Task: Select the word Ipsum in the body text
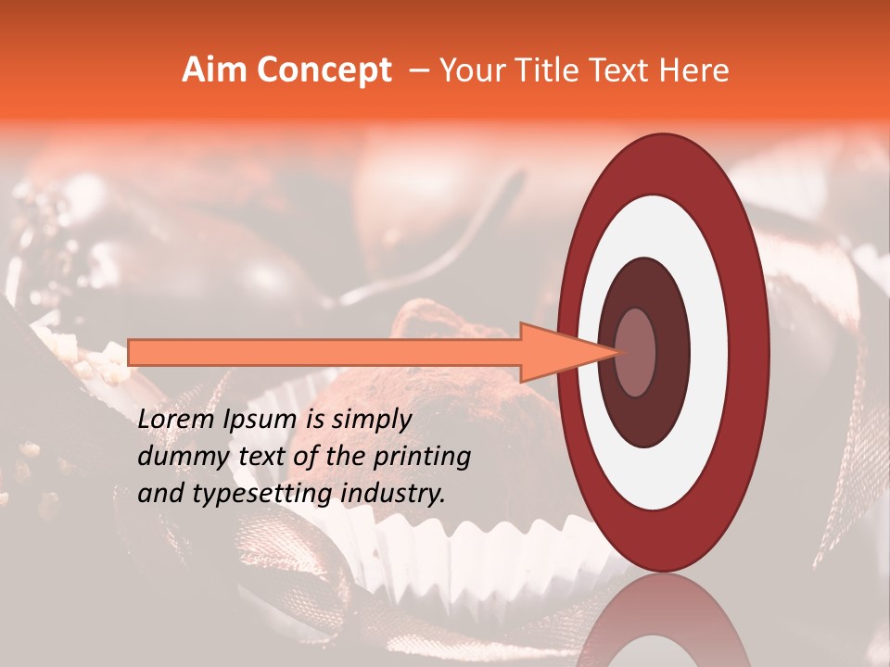tap(263, 420)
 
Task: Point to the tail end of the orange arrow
tap(134, 352)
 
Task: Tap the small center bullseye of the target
tap(635, 352)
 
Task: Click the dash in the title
tap(417, 70)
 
